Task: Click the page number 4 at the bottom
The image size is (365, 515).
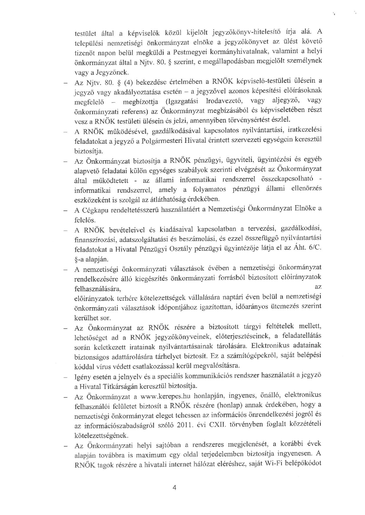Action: [x=174, y=488]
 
